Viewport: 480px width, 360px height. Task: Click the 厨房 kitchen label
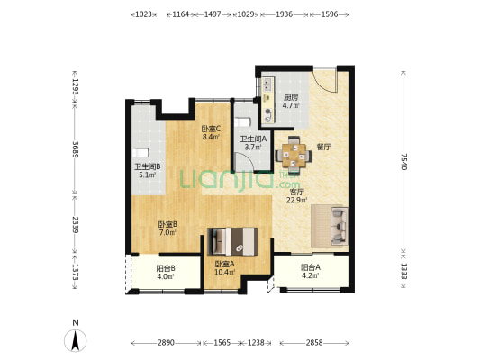[x=291, y=98]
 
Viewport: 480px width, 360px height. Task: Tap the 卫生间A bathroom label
[x=253, y=139]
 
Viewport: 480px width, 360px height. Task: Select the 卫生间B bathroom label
[x=148, y=167]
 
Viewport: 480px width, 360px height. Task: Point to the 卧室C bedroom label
[x=212, y=129]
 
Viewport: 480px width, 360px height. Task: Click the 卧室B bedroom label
[x=168, y=224]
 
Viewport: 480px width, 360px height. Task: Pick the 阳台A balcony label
[x=311, y=267]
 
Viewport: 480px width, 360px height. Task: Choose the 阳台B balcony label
[x=166, y=268]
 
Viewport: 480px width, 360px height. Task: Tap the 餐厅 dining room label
[x=323, y=147]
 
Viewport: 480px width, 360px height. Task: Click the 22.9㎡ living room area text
[x=296, y=201]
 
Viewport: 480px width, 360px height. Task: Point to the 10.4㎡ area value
[x=224, y=272]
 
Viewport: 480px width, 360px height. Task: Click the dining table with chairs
[x=294, y=156]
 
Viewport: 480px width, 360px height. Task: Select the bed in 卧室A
[x=232, y=241]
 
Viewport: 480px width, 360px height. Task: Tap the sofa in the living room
[x=330, y=226]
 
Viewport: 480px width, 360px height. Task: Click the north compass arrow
[x=76, y=340]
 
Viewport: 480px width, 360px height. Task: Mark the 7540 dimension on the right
[x=403, y=162]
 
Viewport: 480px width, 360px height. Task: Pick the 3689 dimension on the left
[x=76, y=149]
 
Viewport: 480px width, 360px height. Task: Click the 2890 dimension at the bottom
[x=166, y=343]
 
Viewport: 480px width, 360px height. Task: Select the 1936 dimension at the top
[x=284, y=14]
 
